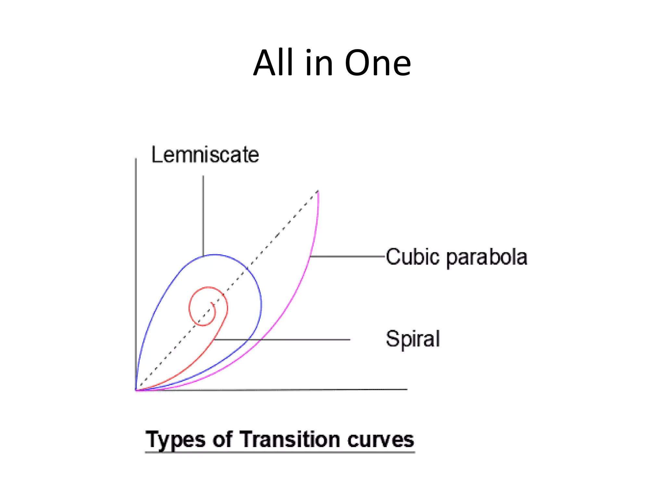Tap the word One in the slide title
[x=378, y=63]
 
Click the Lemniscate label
[x=205, y=155]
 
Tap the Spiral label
[x=413, y=339]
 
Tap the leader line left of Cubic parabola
[x=347, y=256]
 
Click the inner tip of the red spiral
[x=211, y=303]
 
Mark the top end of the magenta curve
[x=318, y=192]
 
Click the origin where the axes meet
[x=136, y=390]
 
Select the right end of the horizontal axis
[x=407, y=389]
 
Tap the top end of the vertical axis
[x=136, y=159]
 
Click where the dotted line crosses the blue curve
[x=247, y=268]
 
